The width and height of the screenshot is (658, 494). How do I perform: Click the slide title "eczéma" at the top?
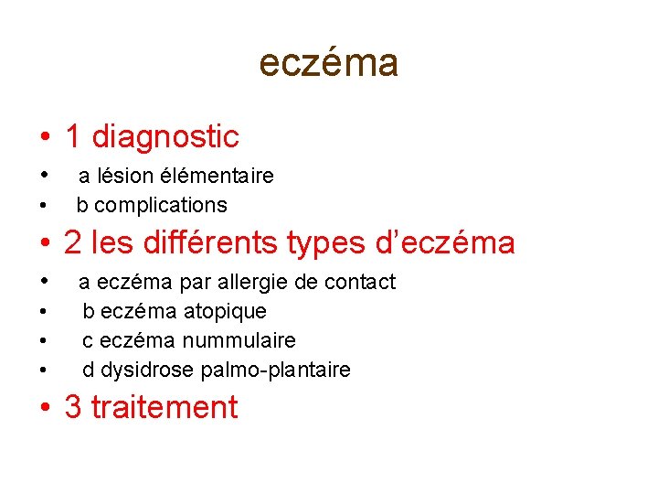coord(329,63)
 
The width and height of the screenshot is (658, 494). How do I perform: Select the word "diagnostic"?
coord(165,137)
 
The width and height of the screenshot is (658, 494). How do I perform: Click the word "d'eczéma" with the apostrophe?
coord(445,243)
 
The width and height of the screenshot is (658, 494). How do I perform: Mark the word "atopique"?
coord(225,311)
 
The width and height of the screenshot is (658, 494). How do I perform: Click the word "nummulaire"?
coord(239,340)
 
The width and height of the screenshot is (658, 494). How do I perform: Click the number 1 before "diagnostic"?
coord(72,137)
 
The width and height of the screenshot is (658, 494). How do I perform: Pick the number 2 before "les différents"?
coord(73,243)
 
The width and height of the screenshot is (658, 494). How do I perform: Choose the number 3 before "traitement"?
coord(73,407)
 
